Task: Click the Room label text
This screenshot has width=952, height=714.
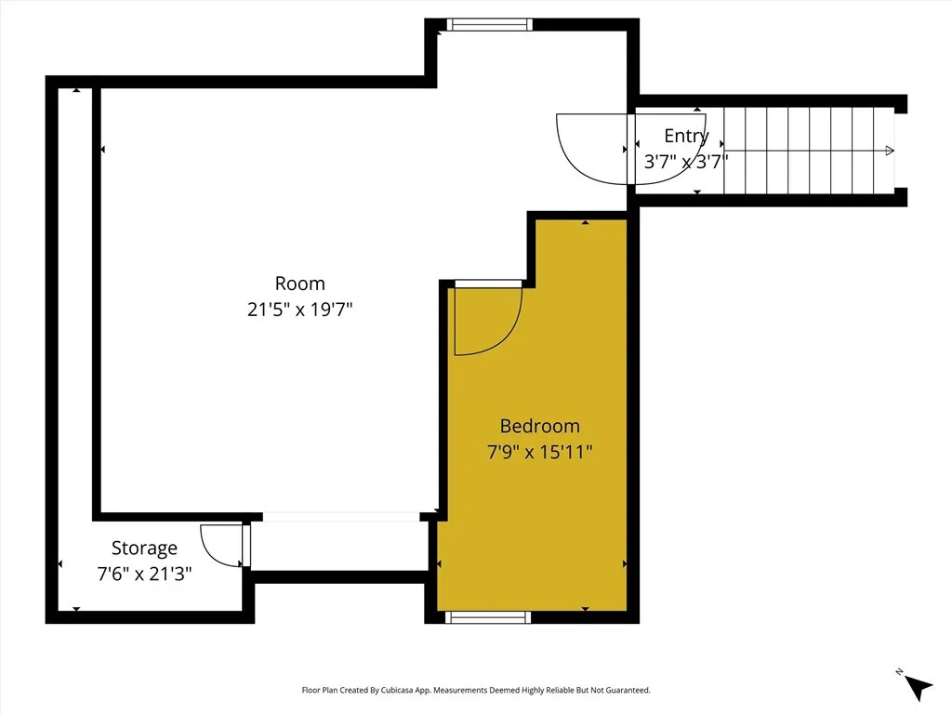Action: (x=299, y=284)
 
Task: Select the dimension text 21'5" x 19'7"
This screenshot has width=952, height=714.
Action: (x=299, y=310)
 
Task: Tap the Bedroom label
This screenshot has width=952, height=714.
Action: (x=539, y=426)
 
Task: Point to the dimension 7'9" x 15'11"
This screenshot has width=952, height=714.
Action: (x=539, y=453)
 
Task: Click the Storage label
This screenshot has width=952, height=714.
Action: (x=144, y=548)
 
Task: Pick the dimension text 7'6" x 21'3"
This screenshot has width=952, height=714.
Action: (x=144, y=574)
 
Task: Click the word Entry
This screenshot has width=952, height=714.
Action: (x=685, y=136)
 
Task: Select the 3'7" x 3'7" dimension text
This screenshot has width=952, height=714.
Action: (x=685, y=161)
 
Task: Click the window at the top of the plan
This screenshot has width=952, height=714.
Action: (x=489, y=25)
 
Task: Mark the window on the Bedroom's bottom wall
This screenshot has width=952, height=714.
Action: (x=488, y=616)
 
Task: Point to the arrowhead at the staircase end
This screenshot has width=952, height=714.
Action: (x=890, y=151)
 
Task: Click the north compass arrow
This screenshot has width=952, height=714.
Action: (x=918, y=686)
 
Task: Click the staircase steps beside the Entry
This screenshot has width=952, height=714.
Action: (x=809, y=151)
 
